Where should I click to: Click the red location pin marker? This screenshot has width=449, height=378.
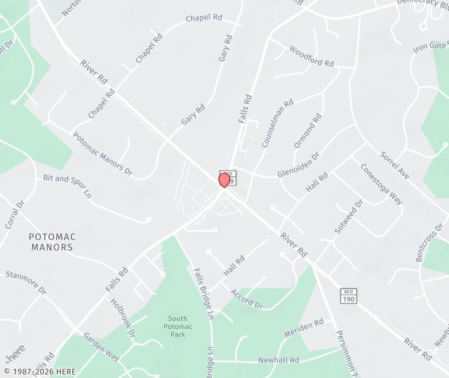(224, 179)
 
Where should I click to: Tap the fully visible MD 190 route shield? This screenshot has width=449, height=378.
(348, 296)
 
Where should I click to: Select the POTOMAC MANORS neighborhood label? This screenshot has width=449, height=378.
(51, 242)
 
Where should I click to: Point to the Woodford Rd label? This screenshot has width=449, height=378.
(311, 57)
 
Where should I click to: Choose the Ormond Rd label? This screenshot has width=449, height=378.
(307, 130)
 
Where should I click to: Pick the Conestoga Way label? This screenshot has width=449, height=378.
(382, 183)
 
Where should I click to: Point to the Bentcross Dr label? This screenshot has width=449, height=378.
(430, 242)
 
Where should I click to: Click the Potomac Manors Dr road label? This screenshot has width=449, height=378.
(102, 154)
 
